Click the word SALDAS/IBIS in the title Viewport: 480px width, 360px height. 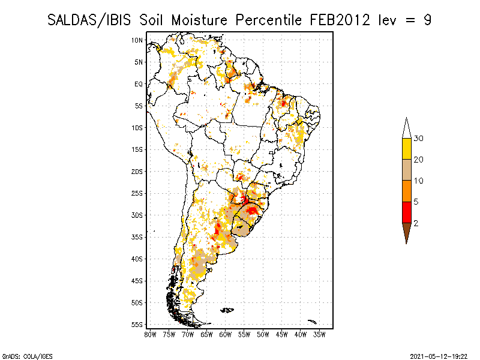pyautogui.click(x=89, y=20)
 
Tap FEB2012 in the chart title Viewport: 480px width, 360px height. pyautogui.click(x=340, y=20)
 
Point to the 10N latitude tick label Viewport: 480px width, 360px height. pyautogui.click(x=137, y=40)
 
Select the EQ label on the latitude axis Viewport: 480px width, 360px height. pyautogui.click(x=139, y=84)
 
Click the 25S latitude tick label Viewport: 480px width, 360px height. pyautogui.click(x=137, y=193)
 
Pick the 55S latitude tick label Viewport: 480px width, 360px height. pyautogui.click(x=137, y=325)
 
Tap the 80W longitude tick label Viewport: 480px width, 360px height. pyautogui.click(x=150, y=335)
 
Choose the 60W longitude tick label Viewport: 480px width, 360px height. pyautogui.click(x=226, y=335)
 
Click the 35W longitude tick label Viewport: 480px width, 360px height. pyautogui.click(x=319, y=335)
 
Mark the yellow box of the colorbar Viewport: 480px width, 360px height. pyautogui.click(x=407, y=149)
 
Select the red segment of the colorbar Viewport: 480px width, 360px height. pyautogui.click(x=407, y=212)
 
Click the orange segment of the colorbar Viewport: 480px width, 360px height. pyautogui.click(x=407, y=191)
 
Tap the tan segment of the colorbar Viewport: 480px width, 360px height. pyautogui.click(x=407, y=170)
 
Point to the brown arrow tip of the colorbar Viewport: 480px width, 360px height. pyautogui.click(x=407, y=244)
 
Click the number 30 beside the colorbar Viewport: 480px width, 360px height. pyautogui.click(x=418, y=139)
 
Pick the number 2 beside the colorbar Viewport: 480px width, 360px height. pyautogui.click(x=416, y=223)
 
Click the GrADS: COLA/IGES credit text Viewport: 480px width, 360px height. pyautogui.click(x=27, y=356)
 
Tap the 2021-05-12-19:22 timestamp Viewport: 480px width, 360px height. pyautogui.click(x=439, y=356)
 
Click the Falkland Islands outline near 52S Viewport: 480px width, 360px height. pyautogui.click(x=227, y=310)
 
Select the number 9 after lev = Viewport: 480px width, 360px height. pyautogui.click(x=427, y=20)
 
